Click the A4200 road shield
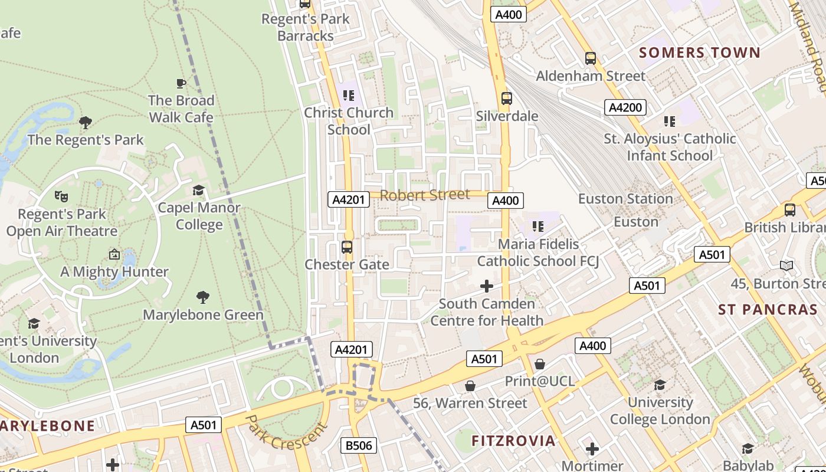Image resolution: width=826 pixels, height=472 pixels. tap(625, 107)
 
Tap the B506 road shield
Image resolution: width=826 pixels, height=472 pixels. tap(359, 445)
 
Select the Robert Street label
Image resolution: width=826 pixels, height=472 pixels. tap(425, 195)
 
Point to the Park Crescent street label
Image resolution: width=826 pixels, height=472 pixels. tap(286, 432)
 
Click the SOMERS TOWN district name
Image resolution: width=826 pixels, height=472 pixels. tap(700, 53)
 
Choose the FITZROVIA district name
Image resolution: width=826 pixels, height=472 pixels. tap(513, 441)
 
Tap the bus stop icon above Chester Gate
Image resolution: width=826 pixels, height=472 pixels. tap(347, 247)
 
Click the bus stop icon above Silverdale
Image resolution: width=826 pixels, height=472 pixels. tap(506, 99)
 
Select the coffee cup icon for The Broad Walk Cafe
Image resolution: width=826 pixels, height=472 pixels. tap(181, 83)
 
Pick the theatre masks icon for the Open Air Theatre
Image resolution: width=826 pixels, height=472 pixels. tap(61, 196)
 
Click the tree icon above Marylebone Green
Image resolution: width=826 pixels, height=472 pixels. tap(203, 297)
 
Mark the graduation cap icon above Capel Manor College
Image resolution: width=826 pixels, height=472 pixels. tap(199, 190)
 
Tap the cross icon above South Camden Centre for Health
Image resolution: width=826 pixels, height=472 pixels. tap(487, 287)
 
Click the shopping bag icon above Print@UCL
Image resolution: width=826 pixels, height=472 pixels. tap(539, 364)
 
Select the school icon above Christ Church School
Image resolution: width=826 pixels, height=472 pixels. tap(349, 95)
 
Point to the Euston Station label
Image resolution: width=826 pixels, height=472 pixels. tap(625, 199)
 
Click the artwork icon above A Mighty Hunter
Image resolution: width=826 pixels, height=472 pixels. tap(114, 254)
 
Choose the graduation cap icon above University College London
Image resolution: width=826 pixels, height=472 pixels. tap(660, 385)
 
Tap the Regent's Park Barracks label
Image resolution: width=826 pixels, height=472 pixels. tap(306, 27)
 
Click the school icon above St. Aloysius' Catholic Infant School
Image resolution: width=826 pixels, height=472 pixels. tap(669, 122)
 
